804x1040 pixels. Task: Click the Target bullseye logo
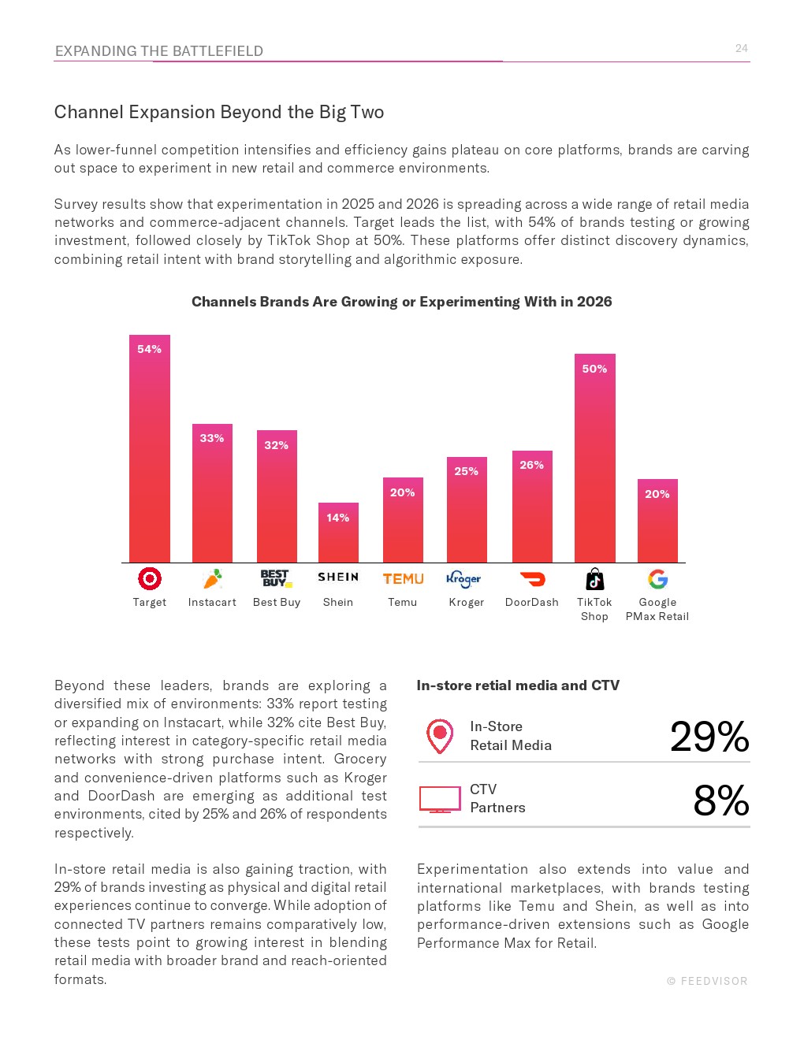(150, 578)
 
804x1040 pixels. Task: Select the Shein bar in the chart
(338, 532)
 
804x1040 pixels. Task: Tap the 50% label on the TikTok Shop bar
(594, 369)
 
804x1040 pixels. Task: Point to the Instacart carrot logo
(212, 578)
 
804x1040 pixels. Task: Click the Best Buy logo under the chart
(276, 578)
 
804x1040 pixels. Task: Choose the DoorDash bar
(532, 507)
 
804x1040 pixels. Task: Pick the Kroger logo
(463, 579)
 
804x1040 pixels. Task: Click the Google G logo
(657, 578)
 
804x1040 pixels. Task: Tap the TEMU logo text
(404, 579)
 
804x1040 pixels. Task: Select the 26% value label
(531, 465)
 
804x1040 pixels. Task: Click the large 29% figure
(709, 737)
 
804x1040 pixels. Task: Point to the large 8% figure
(721, 800)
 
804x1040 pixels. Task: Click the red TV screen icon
(440, 800)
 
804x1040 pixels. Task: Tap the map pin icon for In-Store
(440, 737)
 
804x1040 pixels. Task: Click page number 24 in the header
(741, 48)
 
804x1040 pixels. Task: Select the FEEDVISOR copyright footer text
(707, 981)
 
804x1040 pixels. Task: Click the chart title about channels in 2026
(401, 302)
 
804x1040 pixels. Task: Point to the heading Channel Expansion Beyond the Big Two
(219, 112)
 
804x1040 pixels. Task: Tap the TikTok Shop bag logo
(595, 578)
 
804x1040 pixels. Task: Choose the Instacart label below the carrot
(212, 602)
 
